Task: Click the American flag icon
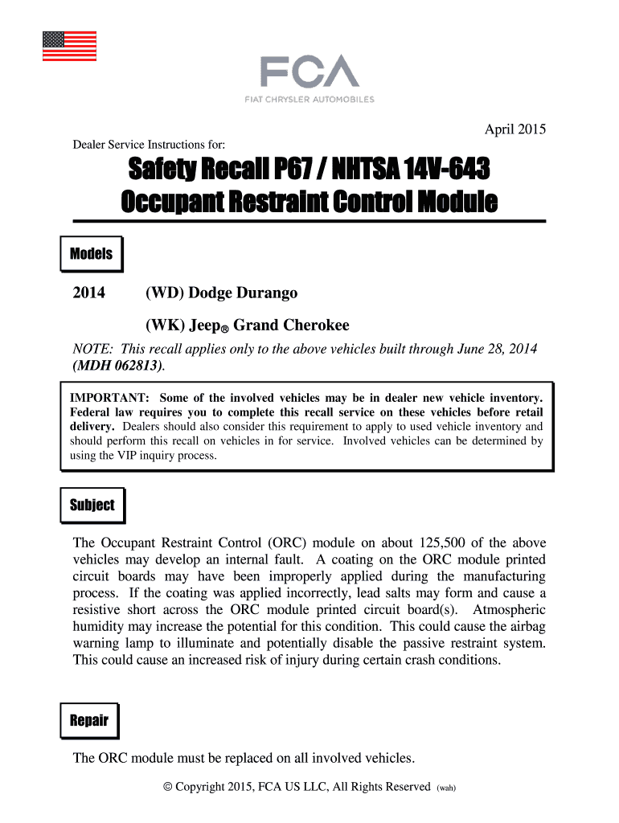click(x=69, y=46)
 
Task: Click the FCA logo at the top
click(x=309, y=72)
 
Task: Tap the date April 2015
click(x=514, y=129)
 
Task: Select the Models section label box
click(x=91, y=255)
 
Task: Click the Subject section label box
click(x=92, y=506)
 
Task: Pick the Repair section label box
click(x=89, y=720)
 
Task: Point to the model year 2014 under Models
click(x=88, y=293)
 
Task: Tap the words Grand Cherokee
click(x=291, y=326)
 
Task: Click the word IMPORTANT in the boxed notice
click(x=109, y=399)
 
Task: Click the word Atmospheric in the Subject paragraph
click(x=510, y=609)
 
